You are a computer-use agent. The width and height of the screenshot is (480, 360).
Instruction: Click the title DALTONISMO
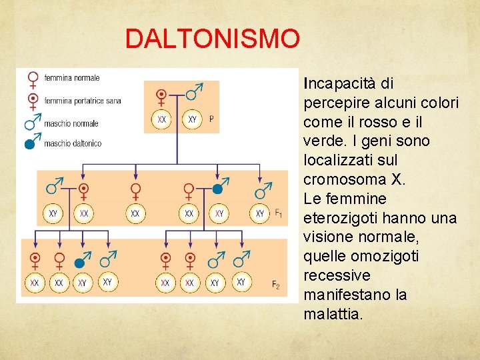(x=213, y=39)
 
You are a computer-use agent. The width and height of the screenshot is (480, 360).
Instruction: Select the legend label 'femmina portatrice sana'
(x=83, y=101)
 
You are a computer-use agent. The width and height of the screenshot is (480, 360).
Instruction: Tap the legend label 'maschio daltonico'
(x=73, y=143)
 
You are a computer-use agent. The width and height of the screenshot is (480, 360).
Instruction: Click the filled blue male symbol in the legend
(x=30, y=143)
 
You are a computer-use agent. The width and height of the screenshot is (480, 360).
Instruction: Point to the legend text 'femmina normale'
(x=72, y=78)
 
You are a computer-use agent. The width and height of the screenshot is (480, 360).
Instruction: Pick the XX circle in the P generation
(x=162, y=119)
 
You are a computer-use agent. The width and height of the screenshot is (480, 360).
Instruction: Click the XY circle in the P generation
(x=192, y=119)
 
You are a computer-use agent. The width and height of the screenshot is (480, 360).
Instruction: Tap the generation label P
(x=211, y=119)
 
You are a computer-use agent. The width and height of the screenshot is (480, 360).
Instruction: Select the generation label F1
(x=278, y=213)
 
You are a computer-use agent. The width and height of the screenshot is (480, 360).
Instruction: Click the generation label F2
(x=275, y=285)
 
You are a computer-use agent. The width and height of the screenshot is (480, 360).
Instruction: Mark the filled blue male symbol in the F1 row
(x=217, y=189)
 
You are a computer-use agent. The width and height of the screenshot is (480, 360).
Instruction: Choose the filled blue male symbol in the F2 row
(x=82, y=261)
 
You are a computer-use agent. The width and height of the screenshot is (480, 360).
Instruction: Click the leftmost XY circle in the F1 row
(x=53, y=213)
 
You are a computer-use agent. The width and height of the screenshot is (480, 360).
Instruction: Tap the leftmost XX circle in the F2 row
(x=35, y=283)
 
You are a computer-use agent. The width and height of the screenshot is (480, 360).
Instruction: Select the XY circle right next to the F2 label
(x=241, y=282)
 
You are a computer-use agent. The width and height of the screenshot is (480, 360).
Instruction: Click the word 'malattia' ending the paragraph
(x=331, y=314)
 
